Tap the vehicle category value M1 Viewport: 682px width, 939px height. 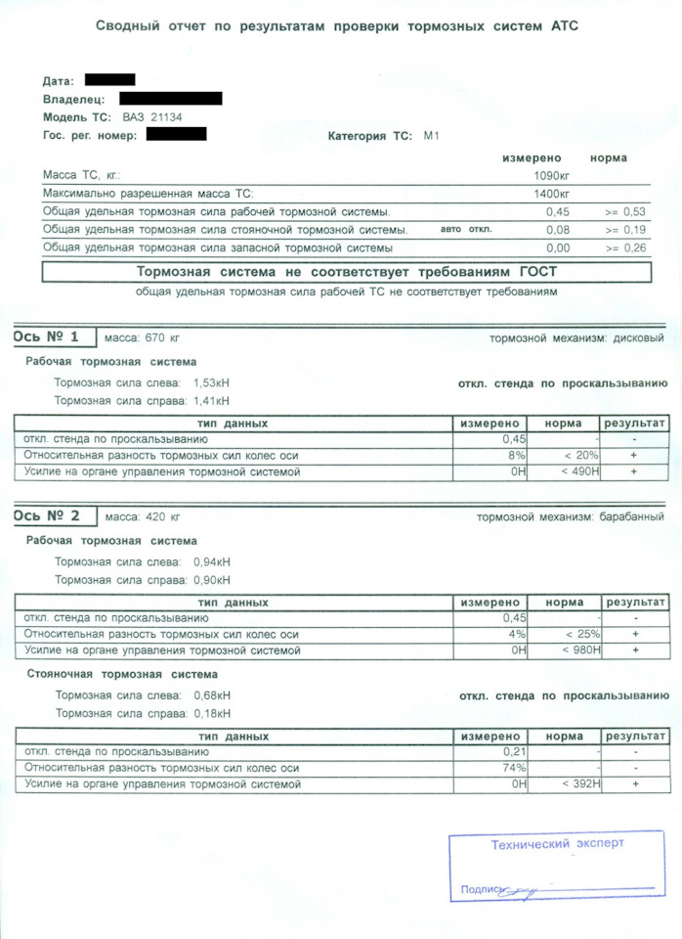[431, 136]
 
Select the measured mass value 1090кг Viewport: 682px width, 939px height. [551, 175]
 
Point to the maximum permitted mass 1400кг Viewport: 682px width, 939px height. [551, 194]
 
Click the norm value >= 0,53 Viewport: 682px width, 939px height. [625, 211]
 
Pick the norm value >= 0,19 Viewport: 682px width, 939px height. [625, 230]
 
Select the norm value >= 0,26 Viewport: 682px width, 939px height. [625, 248]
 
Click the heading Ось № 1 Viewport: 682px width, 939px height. [47, 337]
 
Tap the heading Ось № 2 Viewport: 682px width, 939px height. [47, 515]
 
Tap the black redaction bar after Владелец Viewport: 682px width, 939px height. [170, 98]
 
